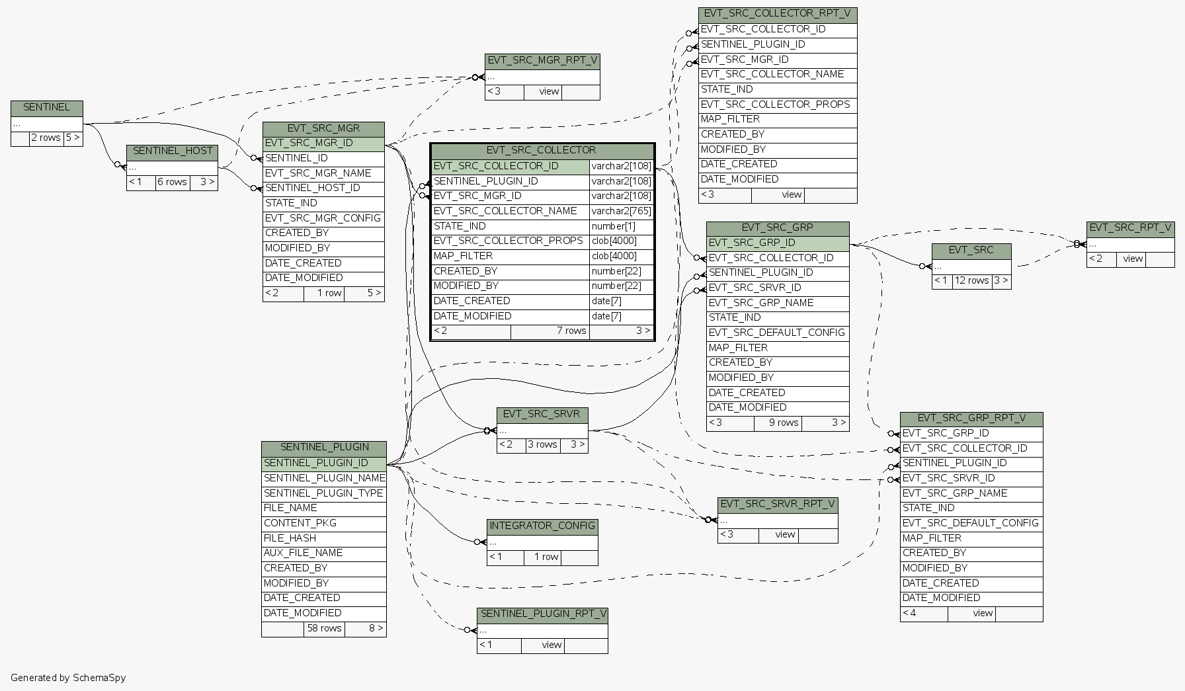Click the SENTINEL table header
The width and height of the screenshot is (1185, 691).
46,108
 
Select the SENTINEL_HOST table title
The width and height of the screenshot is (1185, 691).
173,151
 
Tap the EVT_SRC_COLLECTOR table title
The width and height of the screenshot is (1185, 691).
541,151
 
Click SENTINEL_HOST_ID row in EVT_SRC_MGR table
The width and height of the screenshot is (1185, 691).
313,188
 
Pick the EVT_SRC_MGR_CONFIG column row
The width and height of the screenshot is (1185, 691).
323,218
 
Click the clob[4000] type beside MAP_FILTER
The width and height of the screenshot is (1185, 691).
614,257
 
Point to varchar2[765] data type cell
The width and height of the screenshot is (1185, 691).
621,212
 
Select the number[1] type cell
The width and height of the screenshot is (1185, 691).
613,227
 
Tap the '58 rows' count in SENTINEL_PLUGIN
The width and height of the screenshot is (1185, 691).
324,629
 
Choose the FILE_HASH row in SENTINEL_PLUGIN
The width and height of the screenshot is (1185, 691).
290,538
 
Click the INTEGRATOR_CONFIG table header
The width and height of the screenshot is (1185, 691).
542,526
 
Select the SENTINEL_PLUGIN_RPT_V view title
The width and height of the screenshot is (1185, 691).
542,614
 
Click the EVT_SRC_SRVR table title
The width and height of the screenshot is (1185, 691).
542,415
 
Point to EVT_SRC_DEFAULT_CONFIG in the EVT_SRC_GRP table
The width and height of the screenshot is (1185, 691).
776,333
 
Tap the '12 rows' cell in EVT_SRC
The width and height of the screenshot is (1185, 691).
971,281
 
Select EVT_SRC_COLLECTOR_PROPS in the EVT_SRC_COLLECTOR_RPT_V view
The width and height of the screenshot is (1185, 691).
775,104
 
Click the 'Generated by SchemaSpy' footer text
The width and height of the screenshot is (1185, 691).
68,678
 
